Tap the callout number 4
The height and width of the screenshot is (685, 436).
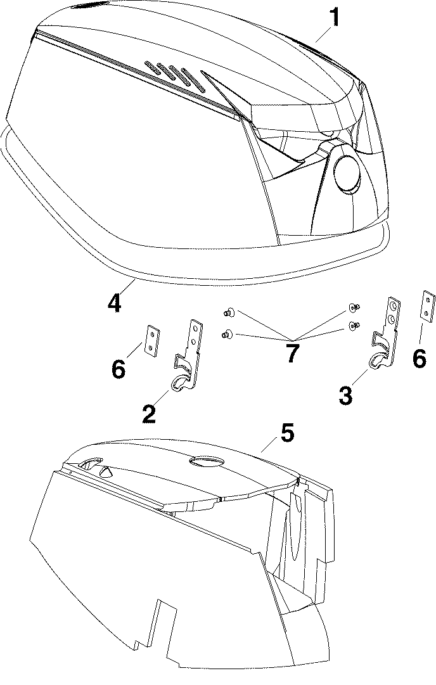pos(114,303)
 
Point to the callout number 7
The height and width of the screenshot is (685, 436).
pos(291,354)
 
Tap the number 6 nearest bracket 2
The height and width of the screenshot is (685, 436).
pos(119,368)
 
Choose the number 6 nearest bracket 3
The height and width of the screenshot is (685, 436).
pos(419,358)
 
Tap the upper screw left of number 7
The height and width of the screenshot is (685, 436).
pos(228,311)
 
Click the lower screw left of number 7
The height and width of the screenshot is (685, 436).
pos(226,334)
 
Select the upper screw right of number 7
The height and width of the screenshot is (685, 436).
pos(352,307)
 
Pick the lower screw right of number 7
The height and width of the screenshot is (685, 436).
pos(352,326)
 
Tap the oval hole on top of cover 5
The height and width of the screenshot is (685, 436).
pos(207,463)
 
